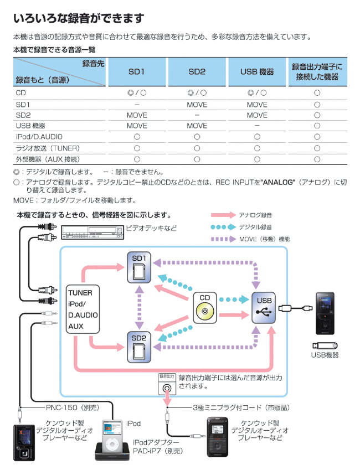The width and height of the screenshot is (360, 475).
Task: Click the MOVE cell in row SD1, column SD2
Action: [x=197, y=104]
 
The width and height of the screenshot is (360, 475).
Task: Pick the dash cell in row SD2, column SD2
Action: [x=197, y=115]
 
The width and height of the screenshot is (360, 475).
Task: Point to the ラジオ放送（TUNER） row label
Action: [x=48, y=148]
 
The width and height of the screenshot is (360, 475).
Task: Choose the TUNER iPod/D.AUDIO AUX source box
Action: [x=83, y=309]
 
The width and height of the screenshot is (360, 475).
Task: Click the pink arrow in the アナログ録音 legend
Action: [x=222, y=215]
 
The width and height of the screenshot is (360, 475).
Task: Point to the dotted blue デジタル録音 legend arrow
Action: [x=222, y=227]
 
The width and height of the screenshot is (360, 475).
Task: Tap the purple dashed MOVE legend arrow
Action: [x=222, y=239]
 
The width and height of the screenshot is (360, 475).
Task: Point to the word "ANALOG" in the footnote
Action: [x=279, y=182]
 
